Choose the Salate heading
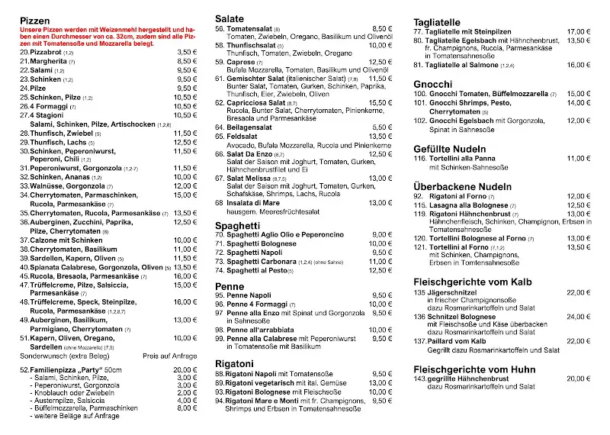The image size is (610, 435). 230,18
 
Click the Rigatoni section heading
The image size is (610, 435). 233,362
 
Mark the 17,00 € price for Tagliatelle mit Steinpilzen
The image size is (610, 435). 579,32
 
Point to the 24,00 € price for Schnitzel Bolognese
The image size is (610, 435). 579,316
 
